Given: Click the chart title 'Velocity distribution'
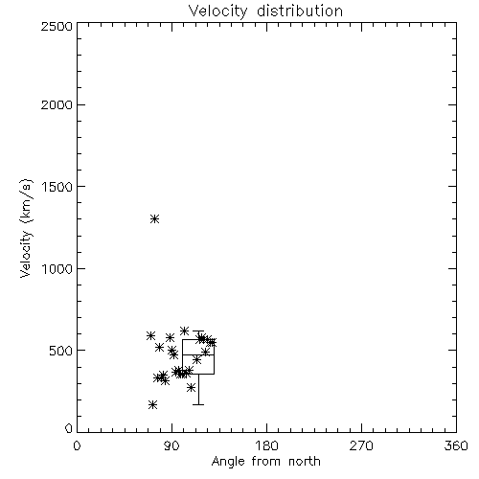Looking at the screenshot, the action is tap(265, 11).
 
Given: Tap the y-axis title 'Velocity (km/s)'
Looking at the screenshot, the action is tap(26, 229).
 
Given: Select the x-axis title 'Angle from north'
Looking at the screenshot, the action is tap(265, 462).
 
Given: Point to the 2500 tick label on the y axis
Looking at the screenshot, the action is tap(57, 26).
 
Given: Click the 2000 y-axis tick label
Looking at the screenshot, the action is tap(57, 104).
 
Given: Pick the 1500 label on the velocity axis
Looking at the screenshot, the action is tap(57, 187).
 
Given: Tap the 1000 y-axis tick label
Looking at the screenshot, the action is tap(57, 268).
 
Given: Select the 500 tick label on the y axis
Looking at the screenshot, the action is tap(61, 351).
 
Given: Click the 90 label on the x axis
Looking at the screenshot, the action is tap(171, 445).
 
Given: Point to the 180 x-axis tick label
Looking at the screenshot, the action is tap(266, 445).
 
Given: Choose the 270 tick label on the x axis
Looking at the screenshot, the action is tap(361, 445).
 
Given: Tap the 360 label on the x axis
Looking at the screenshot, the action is tap(456, 445).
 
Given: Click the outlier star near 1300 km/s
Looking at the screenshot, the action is tap(155, 219).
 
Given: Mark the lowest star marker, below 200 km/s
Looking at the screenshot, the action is tap(152, 405).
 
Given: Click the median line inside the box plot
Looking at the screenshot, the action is tap(198, 354).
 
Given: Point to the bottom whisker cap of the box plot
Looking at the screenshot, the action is tap(198, 404).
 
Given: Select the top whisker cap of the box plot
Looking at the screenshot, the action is tap(198, 331).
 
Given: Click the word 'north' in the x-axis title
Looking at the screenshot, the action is tap(305, 462).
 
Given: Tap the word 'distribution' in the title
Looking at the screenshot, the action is tap(300, 11).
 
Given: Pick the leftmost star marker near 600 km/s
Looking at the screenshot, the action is tap(150, 336).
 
